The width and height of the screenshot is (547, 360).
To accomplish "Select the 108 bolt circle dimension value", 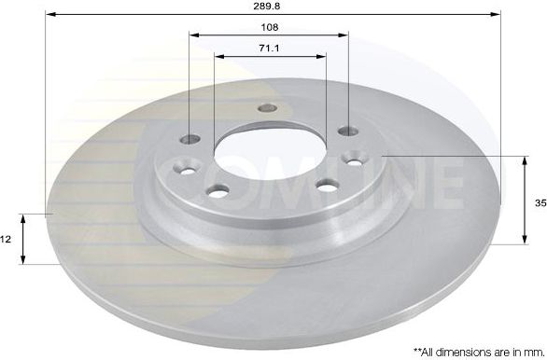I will click(270, 26).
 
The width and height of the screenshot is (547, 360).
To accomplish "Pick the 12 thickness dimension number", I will click(7, 239).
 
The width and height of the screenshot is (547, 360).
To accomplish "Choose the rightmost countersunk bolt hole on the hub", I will click(357, 157).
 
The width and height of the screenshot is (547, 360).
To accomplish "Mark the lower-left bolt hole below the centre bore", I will click(219, 192).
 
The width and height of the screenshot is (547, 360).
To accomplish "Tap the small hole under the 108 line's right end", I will click(346, 130).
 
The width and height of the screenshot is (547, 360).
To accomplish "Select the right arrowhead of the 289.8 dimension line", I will click(497, 14).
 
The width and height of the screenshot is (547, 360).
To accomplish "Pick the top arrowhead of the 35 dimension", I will click(521, 159).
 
